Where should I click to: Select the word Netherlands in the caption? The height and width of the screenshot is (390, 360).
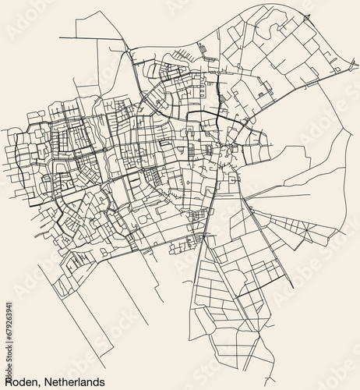[77, 380]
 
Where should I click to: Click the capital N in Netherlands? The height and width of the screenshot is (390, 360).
[50, 380]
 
